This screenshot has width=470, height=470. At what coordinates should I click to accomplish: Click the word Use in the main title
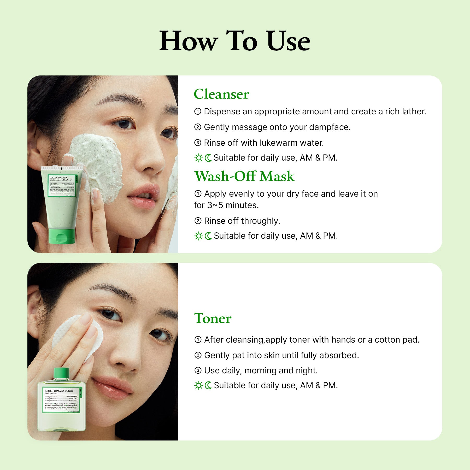tap(288, 41)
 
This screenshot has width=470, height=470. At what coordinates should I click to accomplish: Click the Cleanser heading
tap(221, 94)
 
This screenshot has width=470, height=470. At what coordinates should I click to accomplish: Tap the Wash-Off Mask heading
tap(244, 176)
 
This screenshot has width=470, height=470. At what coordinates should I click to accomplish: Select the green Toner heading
tap(213, 318)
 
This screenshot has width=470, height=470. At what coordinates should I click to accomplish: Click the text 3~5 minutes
tap(233, 205)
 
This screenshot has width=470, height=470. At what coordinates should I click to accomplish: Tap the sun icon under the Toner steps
tap(199, 385)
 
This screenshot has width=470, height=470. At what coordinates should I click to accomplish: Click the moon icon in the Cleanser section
tap(208, 158)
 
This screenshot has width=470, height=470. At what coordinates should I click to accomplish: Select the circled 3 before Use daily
tap(198, 371)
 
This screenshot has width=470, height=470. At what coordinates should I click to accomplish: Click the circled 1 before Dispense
tap(198, 111)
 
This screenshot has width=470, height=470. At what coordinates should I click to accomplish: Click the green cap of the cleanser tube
tap(62, 236)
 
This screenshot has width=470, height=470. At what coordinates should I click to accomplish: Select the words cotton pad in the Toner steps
tap(397, 340)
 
